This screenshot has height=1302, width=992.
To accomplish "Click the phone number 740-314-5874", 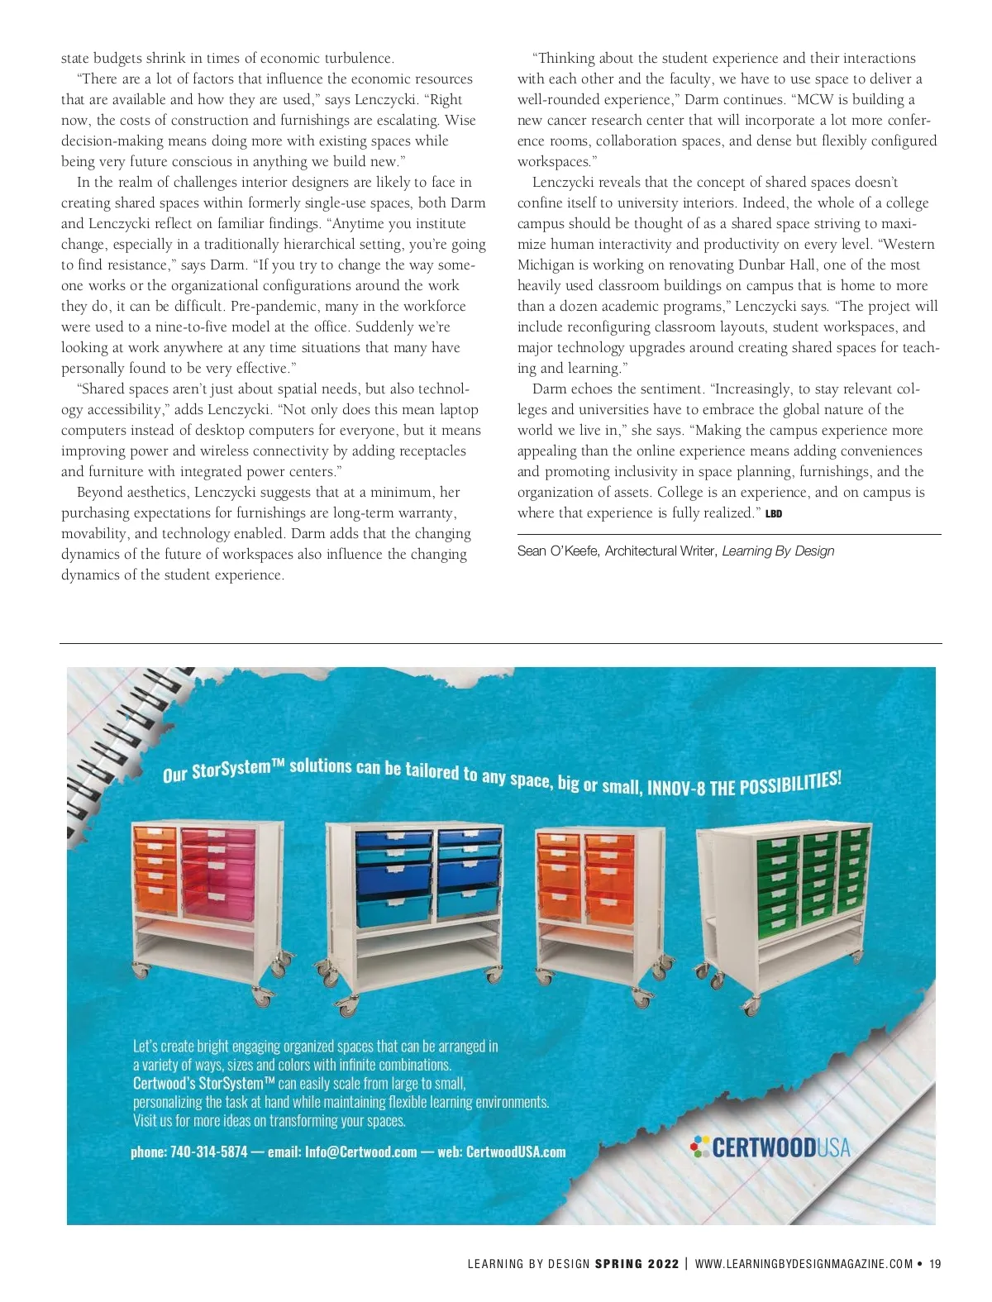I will coord(208,1152).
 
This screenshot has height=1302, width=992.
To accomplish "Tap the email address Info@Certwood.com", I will coord(360,1152).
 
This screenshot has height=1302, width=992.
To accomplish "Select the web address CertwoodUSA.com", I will coord(516,1152).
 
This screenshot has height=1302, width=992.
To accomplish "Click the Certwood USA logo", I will coord(770,1147).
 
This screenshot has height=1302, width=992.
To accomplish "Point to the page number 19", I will coord(935,1263).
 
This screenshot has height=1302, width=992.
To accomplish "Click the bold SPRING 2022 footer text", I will coord(637,1263).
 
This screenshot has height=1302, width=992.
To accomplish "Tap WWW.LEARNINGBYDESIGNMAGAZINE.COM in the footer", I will coord(804,1263).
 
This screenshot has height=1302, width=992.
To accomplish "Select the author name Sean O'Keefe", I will coord(556,551).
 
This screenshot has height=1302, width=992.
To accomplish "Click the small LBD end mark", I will coord(774,514).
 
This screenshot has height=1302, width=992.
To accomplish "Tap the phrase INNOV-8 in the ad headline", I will coord(676,788).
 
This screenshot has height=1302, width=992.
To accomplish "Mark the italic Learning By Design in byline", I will coord(778,551).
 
